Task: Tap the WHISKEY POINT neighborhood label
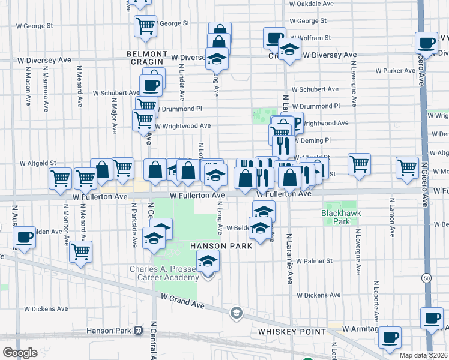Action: click(x=282, y=331)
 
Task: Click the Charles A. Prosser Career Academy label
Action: click(x=164, y=273)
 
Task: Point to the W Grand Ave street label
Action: click(x=182, y=301)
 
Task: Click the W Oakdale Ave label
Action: click(x=311, y=4)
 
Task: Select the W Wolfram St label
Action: click(x=311, y=38)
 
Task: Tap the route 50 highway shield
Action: click(x=426, y=278)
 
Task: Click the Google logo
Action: click(x=20, y=353)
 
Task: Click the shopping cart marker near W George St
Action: click(x=145, y=26)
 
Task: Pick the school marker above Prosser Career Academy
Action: click(x=208, y=261)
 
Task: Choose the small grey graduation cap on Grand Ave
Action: click(x=237, y=313)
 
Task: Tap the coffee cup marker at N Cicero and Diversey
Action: click(x=427, y=43)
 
